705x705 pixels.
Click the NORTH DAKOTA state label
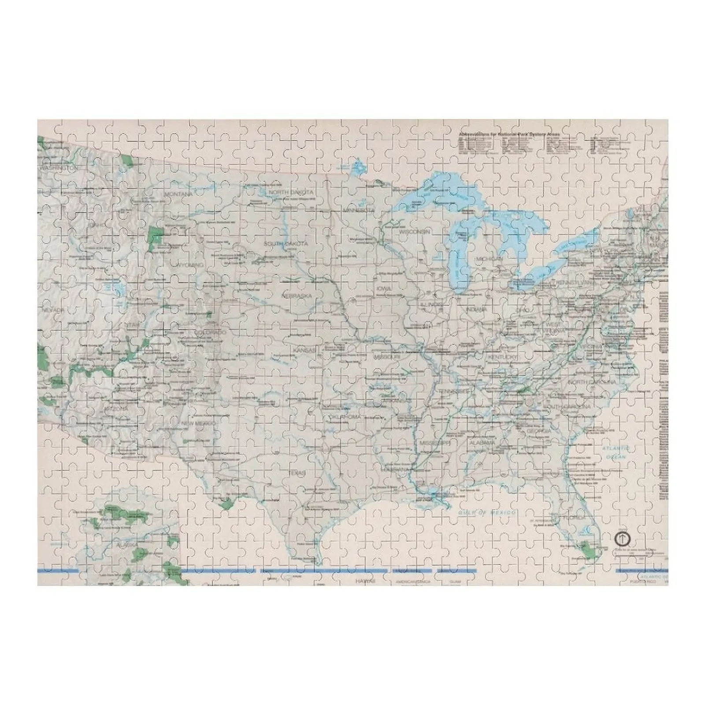pyautogui.click(x=291, y=193)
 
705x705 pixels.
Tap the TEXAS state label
pyautogui.click(x=297, y=473)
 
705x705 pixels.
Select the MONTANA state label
pyautogui.click(x=178, y=194)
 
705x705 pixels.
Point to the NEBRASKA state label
pyautogui.click(x=297, y=296)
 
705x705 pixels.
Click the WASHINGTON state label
pyautogui.click(x=58, y=168)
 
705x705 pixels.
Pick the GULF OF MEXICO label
pyautogui.click(x=486, y=512)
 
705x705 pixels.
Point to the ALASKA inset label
pyautogui.click(x=115, y=545)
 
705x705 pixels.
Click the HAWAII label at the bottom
pyautogui.click(x=365, y=582)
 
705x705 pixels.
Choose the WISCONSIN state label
pyautogui.click(x=414, y=231)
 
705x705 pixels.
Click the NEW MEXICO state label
pyautogui.click(x=199, y=423)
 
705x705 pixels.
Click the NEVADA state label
pyautogui.click(x=53, y=310)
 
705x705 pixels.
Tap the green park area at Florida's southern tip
pyautogui.click(x=588, y=549)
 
